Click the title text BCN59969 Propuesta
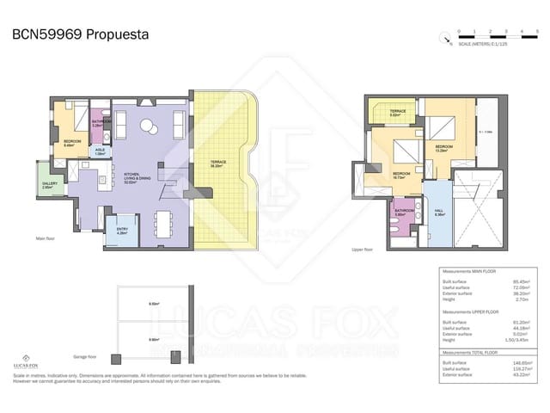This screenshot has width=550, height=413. point(80,35)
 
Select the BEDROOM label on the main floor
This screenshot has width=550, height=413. point(71,143)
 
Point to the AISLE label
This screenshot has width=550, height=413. point(101,151)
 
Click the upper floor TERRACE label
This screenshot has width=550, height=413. point(397,112)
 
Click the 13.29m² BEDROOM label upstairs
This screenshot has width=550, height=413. point(443,148)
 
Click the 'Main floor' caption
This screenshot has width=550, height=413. point(46,238)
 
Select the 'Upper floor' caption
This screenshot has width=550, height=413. point(364,250)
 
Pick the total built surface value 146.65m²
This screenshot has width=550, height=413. point(521,363)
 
